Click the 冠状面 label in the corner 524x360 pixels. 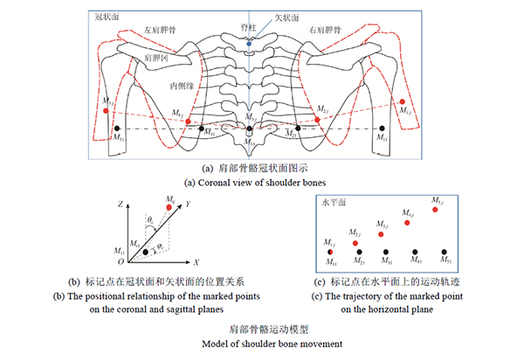(107, 17)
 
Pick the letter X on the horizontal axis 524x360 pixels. (197, 261)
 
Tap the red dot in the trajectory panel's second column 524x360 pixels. (356, 242)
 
